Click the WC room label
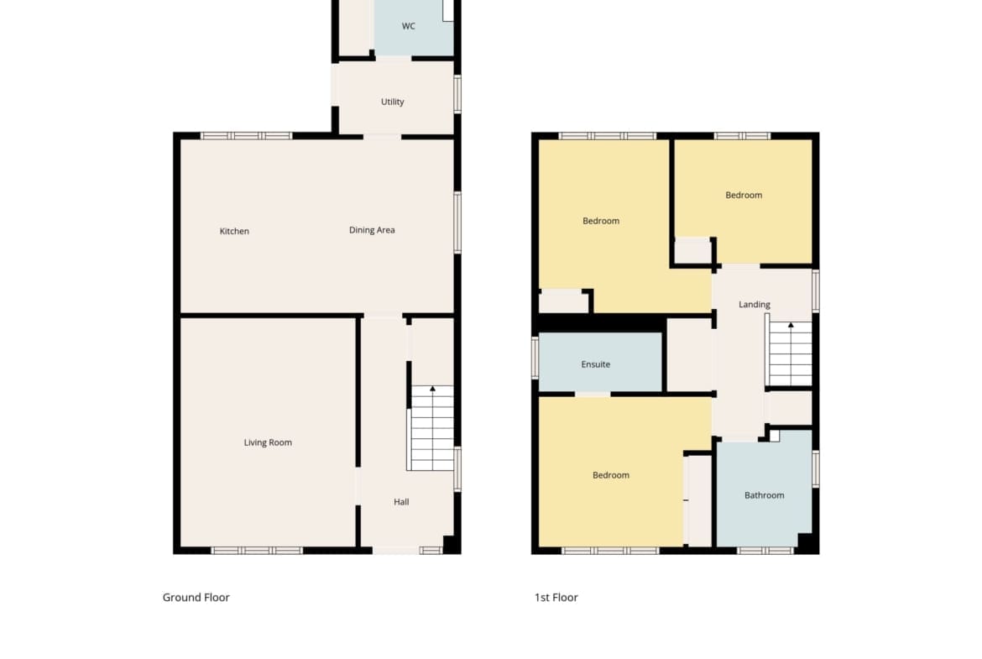[x=409, y=26]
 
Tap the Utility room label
[x=393, y=102]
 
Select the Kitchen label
[x=234, y=231]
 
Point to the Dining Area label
[x=372, y=230]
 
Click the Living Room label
[x=268, y=442]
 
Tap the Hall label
[x=401, y=502]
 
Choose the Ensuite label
[x=596, y=364]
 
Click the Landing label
[x=754, y=305]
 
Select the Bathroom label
[x=764, y=494]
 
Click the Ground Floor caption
[x=196, y=598]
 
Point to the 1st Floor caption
[x=556, y=598]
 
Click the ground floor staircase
[x=431, y=428]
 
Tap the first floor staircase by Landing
[x=789, y=354]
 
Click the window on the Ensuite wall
[x=535, y=357]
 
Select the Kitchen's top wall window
[x=246, y=135]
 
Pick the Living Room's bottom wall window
[x=257, y=551]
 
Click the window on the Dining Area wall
[x=457, y=222]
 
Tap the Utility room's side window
[x=457, y=95]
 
